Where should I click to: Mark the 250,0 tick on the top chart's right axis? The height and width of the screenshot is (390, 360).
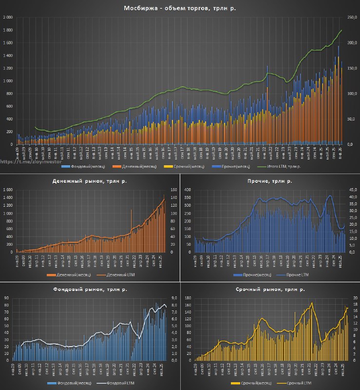click(x=351, y=18)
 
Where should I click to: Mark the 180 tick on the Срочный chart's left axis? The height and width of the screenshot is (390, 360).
click(x=187, y=298)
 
